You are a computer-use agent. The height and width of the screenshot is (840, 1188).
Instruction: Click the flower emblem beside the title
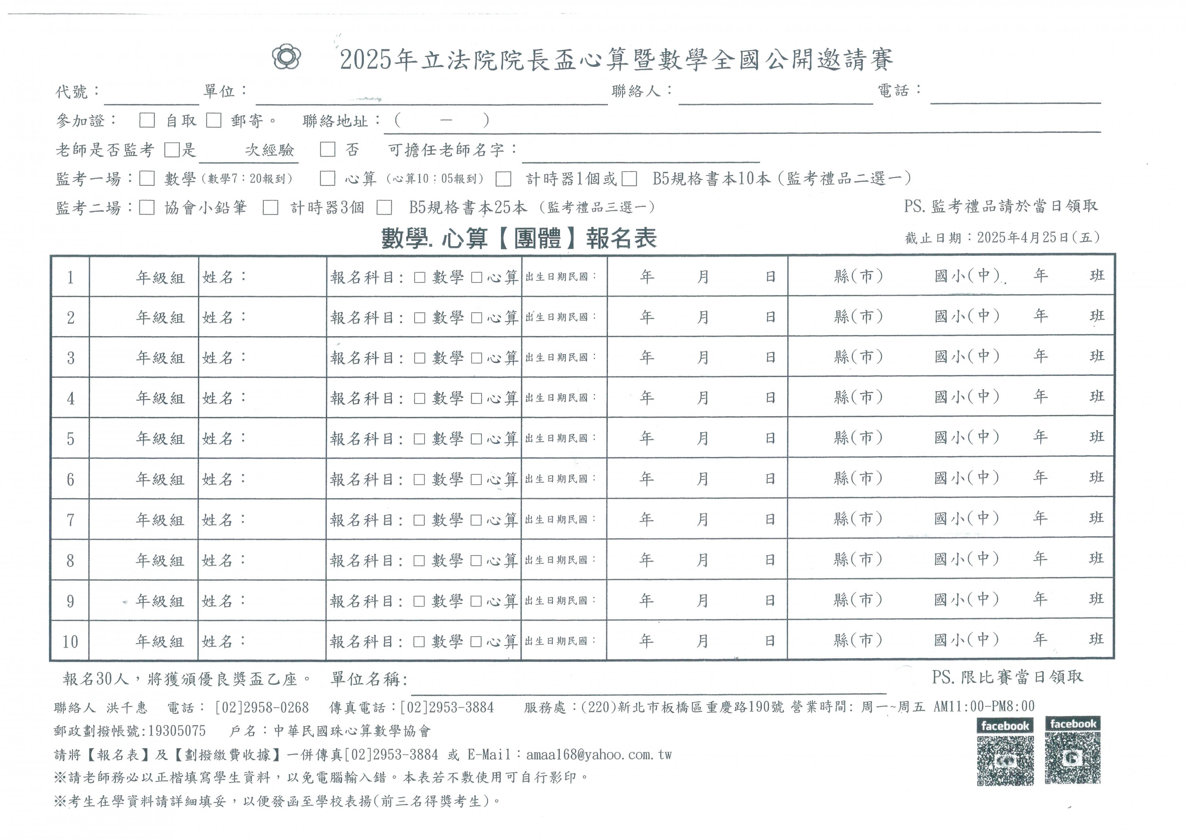[x=286, y=57]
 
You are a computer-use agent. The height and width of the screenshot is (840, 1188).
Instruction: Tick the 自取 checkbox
[x=147, y=120]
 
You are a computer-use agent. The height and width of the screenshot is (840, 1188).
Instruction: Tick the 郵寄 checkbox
[x=214, y=120]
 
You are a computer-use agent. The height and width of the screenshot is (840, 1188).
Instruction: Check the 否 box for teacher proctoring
[x=327, y=150]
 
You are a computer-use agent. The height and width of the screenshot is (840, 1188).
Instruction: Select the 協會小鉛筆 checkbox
[x=147, y=208]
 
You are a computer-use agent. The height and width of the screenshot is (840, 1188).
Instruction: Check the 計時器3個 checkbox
[x=270, y=208]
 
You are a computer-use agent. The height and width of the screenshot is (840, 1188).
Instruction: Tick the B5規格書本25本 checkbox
[x=384, y=208]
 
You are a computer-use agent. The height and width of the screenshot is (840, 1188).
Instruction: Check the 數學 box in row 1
[x=420, y=277]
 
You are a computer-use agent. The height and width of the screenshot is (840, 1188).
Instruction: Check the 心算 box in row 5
[x=476, y=439]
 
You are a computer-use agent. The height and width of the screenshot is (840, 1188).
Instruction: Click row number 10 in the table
[x=70, y=642]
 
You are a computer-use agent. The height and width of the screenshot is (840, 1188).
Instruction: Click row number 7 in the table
[x=70, y=520]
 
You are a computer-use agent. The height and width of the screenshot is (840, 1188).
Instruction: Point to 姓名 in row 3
[x=218, y=358]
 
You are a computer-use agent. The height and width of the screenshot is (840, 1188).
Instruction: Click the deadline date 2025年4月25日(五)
[x=1038, y=238]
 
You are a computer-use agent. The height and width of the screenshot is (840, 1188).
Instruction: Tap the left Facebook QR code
[x=1005, y=760]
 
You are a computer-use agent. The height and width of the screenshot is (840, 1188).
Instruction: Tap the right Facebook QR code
[x=1073, y=758]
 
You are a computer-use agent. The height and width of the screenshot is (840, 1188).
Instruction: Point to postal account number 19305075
[x=177, y=731]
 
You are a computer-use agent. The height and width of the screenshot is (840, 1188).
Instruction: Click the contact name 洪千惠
[x=127, y=707]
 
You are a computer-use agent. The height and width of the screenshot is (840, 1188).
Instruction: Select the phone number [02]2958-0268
[x=262, y=707]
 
